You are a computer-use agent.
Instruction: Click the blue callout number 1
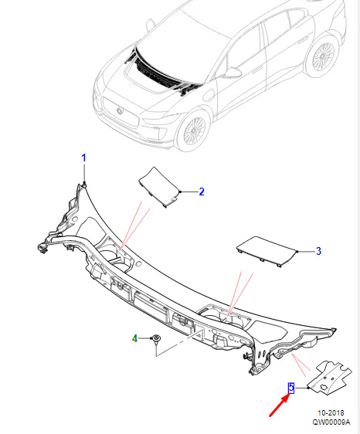(83, 158)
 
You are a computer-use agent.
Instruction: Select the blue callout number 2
(202, 192)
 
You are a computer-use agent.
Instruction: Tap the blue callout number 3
(318, 251)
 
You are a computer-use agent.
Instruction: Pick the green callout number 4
(134, 338)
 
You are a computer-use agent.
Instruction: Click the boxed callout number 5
(291, 388)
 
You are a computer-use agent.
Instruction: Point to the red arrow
(280, 405)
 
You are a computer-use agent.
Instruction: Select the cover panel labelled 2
(158, 187)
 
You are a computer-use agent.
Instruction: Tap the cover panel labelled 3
(267, 251)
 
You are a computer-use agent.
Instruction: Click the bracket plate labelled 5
(330, 378)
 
